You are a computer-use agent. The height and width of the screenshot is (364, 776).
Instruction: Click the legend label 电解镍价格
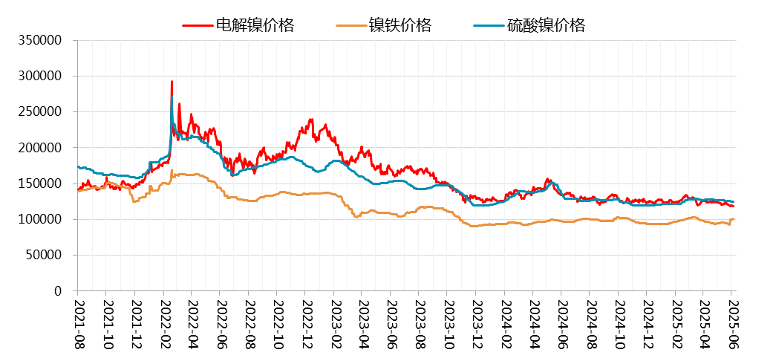[255, 25]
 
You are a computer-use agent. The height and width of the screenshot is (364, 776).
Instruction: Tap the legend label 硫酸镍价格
[546, 25]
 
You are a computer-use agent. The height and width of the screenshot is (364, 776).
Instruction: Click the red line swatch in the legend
[198, 26]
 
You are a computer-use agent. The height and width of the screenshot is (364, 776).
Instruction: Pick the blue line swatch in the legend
[489, 26]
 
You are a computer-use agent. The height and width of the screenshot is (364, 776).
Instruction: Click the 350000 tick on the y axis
[39, 40]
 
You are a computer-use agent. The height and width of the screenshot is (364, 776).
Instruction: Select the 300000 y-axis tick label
[39, 76]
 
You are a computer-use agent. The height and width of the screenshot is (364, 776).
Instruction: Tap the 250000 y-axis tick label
[39, 112]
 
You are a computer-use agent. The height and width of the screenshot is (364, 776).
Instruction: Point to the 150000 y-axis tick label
[39, 183]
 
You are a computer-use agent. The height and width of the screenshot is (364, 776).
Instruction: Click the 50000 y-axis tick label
[42, 256]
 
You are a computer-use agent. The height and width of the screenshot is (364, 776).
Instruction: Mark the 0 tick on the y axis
[57, 291]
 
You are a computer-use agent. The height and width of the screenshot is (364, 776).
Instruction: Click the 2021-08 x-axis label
[78, 324]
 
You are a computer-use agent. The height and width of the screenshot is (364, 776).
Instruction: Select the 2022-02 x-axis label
[163, 324]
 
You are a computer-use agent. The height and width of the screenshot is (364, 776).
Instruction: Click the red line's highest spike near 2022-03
[172, 82]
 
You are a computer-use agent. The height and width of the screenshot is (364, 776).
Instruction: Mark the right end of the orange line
[734, 219]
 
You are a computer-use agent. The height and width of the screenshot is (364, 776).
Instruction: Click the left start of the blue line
[78, 166]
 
